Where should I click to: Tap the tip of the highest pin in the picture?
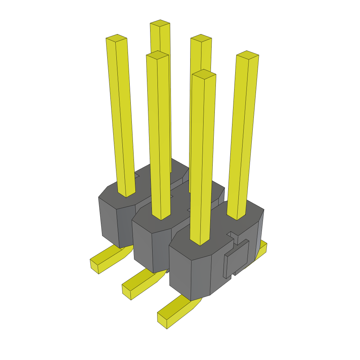pyautogui.click(x=160, y=23)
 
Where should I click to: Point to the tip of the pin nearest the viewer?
pyautogui.click(x=204, y=74)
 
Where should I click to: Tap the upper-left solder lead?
pyautogui.click(x=107, y=259)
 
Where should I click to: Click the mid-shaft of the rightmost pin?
pyautogui.click(x=243, y=137)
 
